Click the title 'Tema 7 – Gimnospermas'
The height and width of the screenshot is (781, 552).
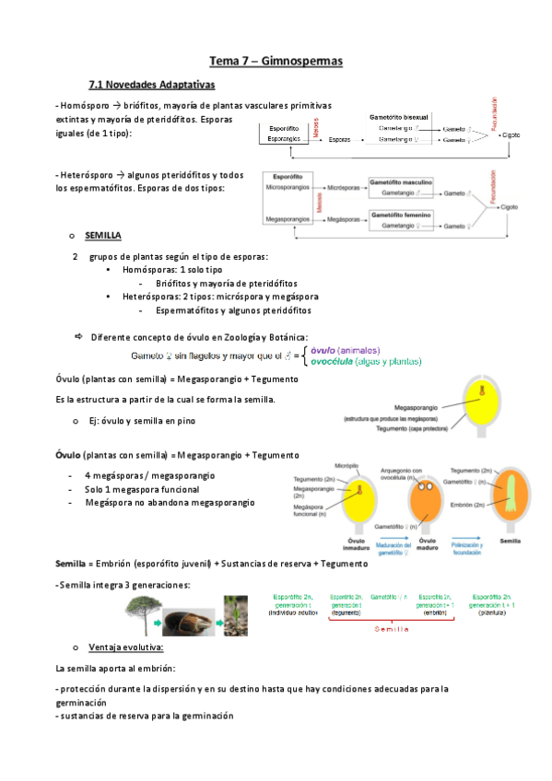276,61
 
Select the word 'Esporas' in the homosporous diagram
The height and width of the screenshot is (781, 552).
339,139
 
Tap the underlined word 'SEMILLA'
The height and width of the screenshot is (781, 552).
103,236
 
